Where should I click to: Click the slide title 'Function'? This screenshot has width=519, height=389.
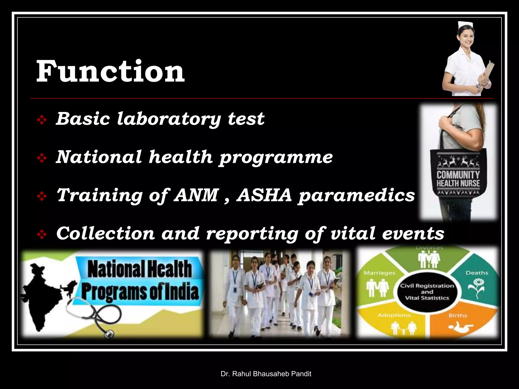tap(110, 71)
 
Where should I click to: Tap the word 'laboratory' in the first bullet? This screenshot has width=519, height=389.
tap(169, 119)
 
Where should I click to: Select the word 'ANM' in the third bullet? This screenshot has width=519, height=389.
tap(196, 195)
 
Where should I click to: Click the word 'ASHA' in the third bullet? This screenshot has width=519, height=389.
tap(264, 195)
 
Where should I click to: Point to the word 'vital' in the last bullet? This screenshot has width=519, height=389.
tap(353, 233)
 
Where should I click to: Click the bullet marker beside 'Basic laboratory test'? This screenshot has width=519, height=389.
tap(42, 120)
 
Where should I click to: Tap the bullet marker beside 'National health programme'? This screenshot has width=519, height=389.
tap(42, 158)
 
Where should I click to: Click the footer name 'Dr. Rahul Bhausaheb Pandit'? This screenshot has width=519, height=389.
tap(266, 374)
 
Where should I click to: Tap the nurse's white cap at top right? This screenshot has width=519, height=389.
tap(465, 25)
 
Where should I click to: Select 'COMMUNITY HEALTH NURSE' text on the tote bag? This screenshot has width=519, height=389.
tap(458, 179)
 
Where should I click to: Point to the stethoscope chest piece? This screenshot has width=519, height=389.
tap(108, 334)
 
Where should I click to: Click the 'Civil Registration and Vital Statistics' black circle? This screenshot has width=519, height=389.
tap(427, 292)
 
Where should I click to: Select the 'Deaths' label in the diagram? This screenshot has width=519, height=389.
tap(477, 273)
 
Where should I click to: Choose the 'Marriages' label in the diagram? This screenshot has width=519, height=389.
tap(379, 273)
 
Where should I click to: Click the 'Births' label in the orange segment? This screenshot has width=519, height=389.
tap(458, 315)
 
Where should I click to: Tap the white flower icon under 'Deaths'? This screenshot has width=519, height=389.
tap(477, 287)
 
